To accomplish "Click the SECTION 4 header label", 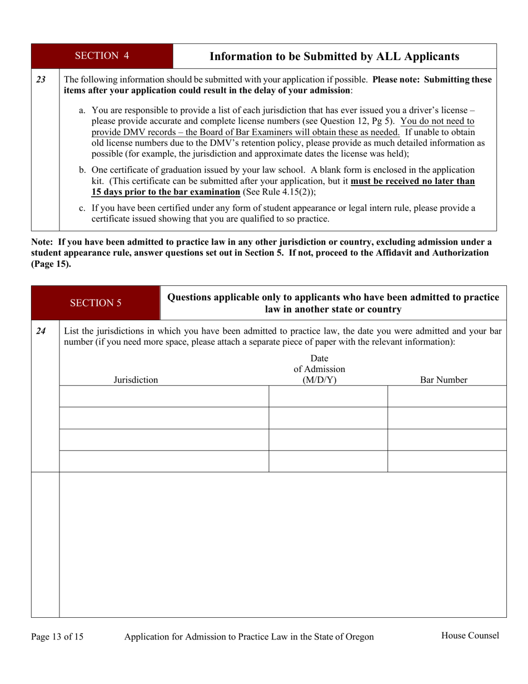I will pos(102,56).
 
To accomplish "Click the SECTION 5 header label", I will pos(96,303).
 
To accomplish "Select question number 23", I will pos(41,80).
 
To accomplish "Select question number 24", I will pos(41,331).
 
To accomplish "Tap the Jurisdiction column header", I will pos(136,380).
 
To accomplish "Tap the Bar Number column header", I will pos(443,380).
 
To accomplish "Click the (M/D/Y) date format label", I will pos(320,380).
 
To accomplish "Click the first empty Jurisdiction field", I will pos(164,396).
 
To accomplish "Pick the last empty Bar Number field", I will pos(447,462).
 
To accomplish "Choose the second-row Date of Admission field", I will pos(328,418).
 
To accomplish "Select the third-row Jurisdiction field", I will pos(164,440).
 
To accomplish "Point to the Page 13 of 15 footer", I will pos(57,637).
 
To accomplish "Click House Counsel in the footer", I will pos(470,636).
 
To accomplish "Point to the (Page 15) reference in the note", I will pos(51,264).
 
